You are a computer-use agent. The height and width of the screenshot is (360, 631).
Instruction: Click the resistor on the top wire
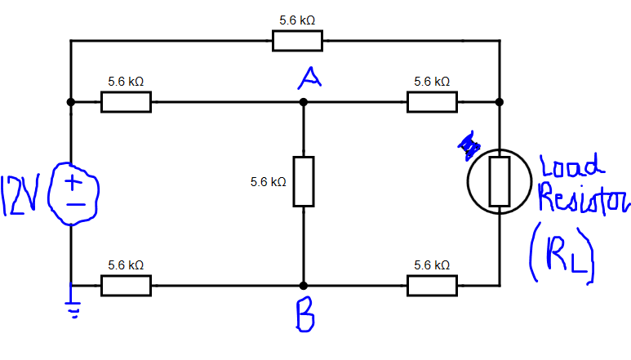click(x=297, y=40)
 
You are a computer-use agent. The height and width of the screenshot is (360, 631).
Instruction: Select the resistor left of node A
click(x=126, y=102)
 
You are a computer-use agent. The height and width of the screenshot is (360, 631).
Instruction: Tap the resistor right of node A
click(x=432, y=102)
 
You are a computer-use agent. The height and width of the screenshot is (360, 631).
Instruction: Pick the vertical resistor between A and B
click(x=303, y=181)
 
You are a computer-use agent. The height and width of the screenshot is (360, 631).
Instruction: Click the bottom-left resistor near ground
click(x=126, y=286)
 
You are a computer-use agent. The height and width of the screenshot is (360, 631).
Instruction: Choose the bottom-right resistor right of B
click(x=432, y=286)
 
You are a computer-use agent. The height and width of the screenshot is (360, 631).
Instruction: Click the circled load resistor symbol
click(x=500, y=182)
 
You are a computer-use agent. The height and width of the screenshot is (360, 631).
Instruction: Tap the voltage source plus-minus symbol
click(x=74, y=192)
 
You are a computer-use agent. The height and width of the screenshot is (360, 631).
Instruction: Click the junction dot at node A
click(x=303, y=102)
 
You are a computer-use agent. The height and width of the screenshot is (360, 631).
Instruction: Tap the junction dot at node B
click(x=303, y=286)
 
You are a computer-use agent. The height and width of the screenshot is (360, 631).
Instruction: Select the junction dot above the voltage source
click(x=71, y=102)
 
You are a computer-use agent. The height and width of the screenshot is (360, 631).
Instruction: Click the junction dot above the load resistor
click(x=500, y=102)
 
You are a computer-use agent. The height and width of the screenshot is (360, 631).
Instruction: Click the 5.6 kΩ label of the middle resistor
click(x=268, y=182)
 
